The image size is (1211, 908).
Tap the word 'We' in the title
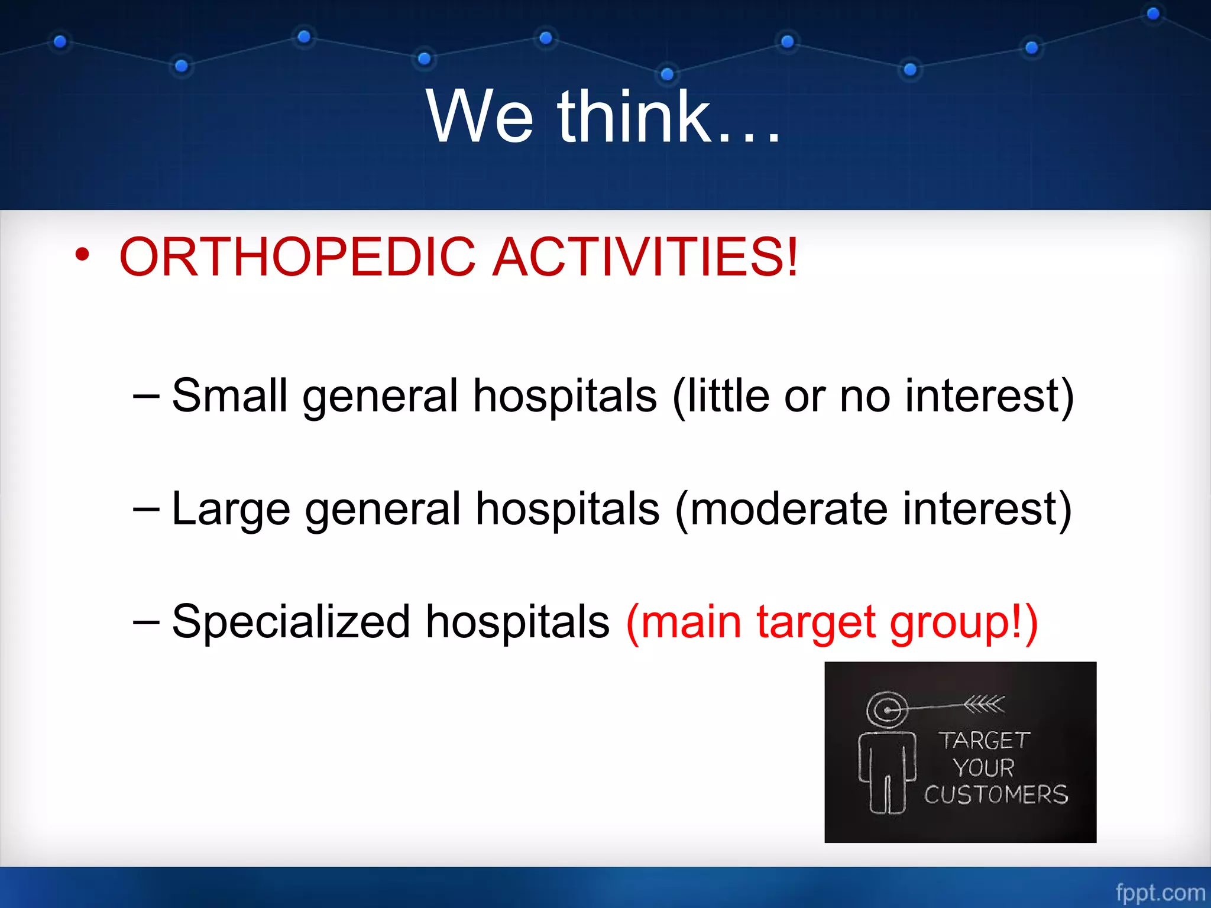480,116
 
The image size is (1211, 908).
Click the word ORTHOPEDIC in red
297,257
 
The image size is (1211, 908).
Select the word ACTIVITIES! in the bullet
646,257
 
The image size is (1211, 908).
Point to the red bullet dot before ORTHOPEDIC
82,255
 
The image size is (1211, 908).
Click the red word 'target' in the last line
816,622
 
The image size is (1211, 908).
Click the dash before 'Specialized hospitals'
146,622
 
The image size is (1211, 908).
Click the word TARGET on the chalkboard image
984,741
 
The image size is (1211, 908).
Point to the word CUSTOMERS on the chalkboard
996,794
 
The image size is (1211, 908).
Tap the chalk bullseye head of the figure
887,709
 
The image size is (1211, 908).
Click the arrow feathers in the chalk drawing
984,703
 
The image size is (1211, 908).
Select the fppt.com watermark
1160,892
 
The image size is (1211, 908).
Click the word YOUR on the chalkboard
983,768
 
